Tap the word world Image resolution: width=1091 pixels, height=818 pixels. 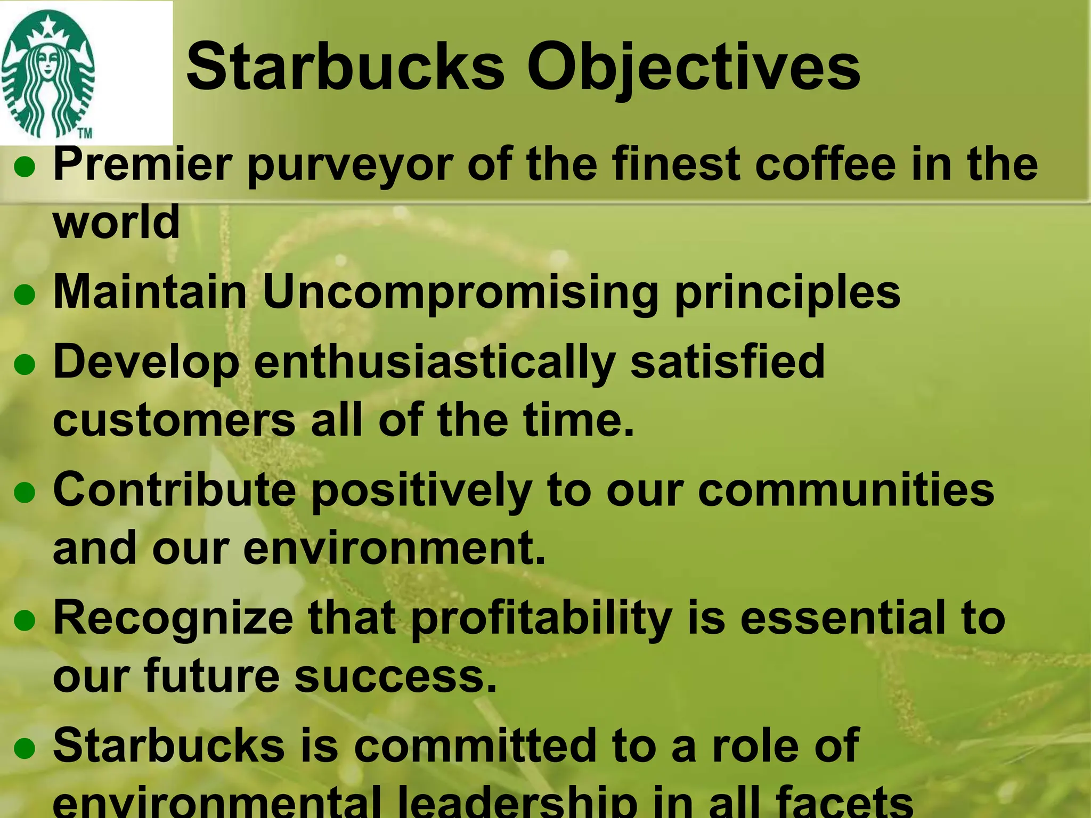coord(116,222)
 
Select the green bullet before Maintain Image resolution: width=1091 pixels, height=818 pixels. coord(25,295)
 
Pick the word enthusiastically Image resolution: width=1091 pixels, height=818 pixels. coord(434,363)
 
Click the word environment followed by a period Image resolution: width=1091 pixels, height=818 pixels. coord(394,549)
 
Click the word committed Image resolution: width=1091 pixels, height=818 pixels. coord(475,746)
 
